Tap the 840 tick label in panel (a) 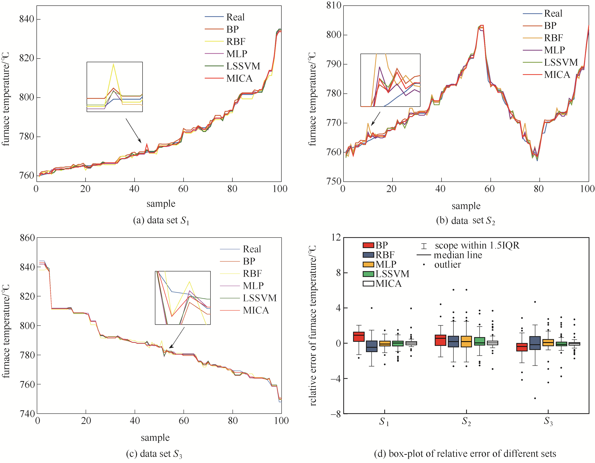click(26, 19)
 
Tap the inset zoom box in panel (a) click(114, 87)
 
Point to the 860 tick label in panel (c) click(27, 238)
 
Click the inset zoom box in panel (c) click(182, 298)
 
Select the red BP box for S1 click(359, 337)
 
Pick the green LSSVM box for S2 click(479, 341)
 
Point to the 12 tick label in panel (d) click(336, 237)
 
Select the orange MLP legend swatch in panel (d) click(368, 264)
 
